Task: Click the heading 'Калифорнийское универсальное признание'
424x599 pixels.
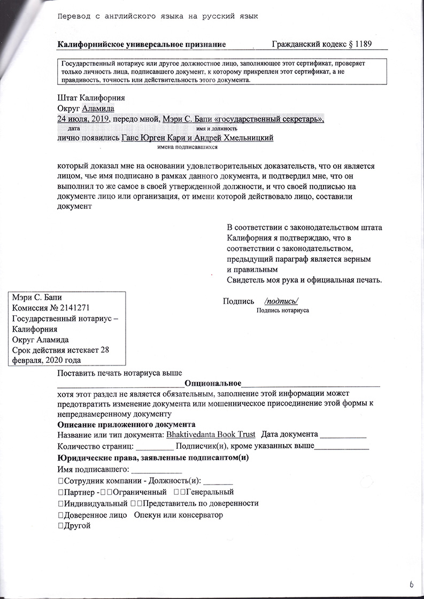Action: click(141, 44)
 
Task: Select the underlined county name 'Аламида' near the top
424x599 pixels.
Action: click(97, 108)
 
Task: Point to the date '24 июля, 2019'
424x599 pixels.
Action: click(83, 119)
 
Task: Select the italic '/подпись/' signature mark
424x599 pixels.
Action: click(281, 300)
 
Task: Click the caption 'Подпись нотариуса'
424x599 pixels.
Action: click(283, 310)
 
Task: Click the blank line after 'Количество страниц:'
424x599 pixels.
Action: click(155, 447)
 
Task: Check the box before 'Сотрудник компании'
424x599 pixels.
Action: click(60, 480)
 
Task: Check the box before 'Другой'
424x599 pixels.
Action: click(60, 526)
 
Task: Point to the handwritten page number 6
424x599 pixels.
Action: click(412, 586)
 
